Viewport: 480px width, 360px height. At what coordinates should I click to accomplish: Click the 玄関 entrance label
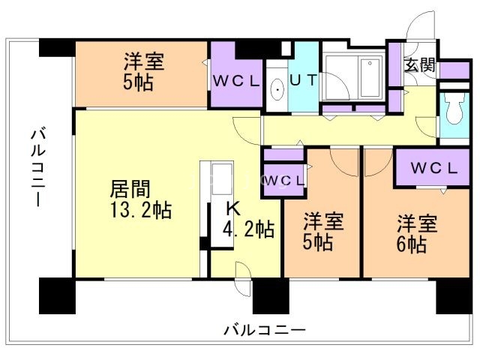click(x=419, y=64)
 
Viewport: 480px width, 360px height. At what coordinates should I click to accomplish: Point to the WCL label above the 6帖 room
click(x=433, y=167)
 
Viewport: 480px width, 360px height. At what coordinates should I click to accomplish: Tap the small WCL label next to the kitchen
click(x=283, y=180)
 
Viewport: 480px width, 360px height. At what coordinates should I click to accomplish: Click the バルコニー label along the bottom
click(x=264, y=328)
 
